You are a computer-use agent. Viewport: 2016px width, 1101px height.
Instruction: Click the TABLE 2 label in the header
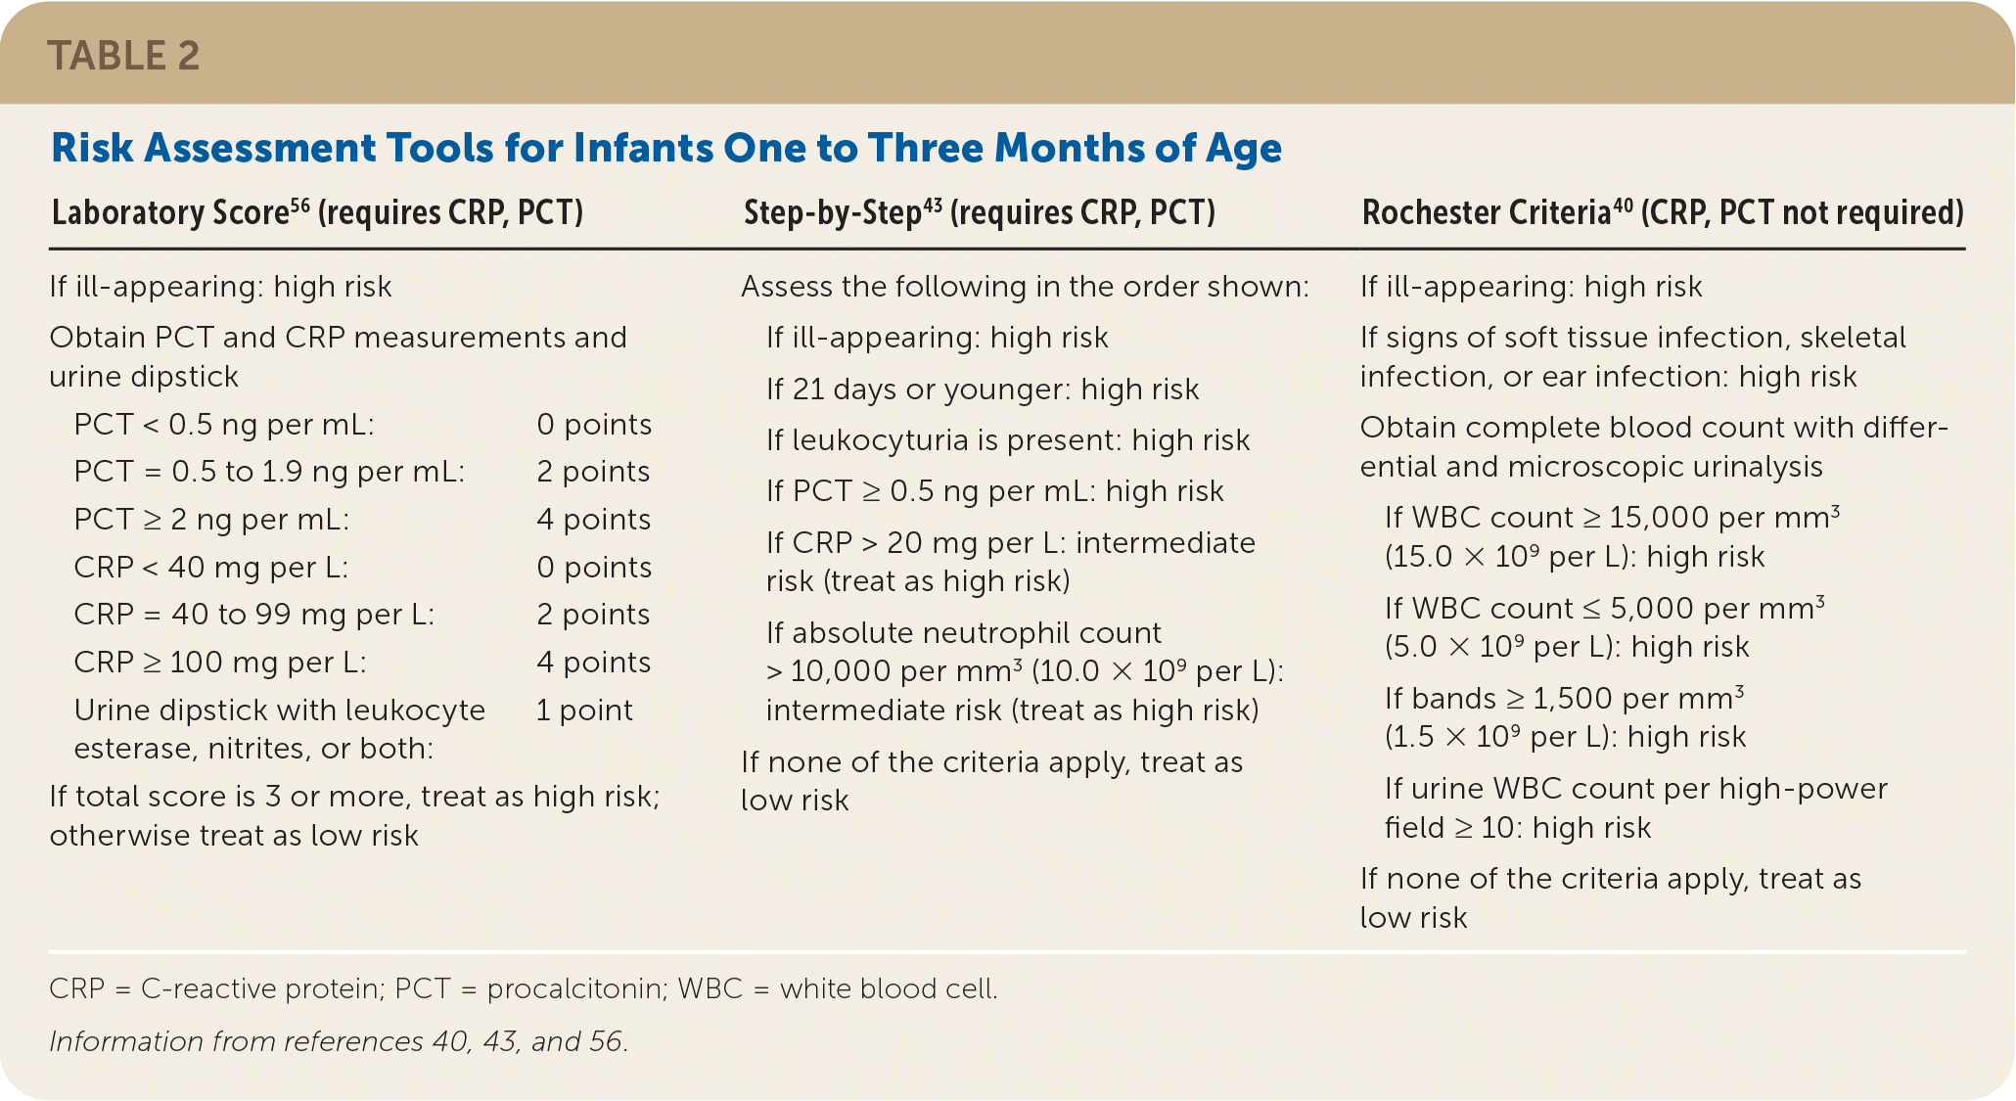123,56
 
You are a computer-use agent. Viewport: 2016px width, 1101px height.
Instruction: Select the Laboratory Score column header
317,212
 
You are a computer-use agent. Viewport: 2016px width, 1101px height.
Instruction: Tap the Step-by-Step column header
979,212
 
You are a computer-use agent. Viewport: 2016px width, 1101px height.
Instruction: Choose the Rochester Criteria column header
1663,212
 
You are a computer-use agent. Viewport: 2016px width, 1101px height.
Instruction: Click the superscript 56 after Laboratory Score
299,204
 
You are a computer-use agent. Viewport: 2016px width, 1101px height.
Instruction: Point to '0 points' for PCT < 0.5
594,424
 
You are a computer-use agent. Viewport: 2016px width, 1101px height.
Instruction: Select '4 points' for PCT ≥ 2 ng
594,519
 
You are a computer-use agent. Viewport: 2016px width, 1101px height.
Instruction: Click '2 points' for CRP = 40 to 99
593,614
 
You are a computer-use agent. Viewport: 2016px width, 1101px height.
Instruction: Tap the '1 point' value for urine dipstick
584,710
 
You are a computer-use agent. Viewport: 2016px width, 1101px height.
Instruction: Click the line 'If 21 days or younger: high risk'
983,390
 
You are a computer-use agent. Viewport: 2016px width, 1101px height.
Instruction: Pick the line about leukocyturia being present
1008,440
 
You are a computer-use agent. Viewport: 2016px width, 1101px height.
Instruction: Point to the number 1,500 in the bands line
1573,699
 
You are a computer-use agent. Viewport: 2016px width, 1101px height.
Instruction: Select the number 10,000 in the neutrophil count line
841,671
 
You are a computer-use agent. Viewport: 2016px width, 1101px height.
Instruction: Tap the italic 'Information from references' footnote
339,1041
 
